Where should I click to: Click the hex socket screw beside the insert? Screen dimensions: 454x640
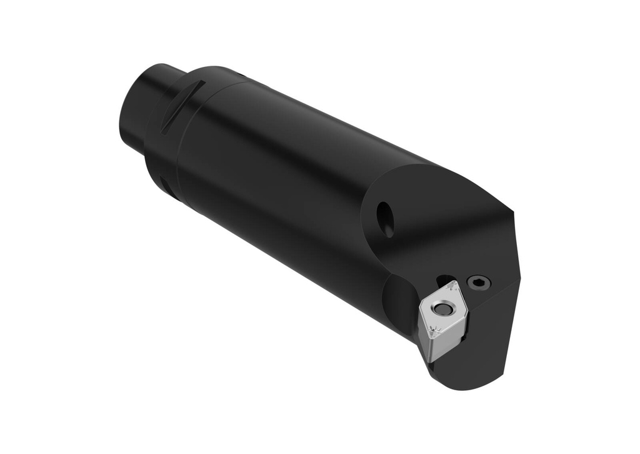click(479, 283)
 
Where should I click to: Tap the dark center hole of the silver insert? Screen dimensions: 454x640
click(442, 309)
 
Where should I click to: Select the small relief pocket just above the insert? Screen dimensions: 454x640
click(445, 280)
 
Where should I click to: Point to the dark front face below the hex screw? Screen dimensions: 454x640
click(494, 331)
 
